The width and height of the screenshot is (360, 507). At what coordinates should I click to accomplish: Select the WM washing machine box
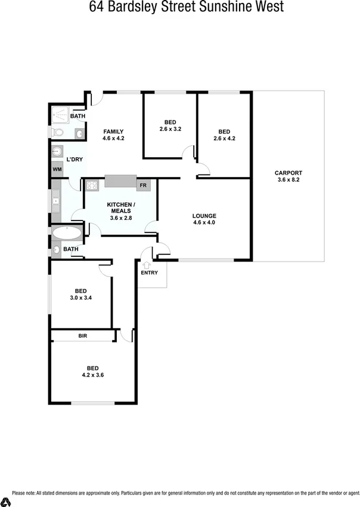(x=57, y=170)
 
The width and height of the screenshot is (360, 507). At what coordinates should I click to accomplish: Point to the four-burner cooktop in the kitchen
(x=92, y=185)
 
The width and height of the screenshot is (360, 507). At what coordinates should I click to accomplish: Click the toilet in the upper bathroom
(x=55, y=132)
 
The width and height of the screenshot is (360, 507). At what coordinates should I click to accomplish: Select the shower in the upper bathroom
(x=60, y=113)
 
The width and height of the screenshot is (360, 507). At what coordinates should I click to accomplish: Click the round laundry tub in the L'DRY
(x=58, y=152)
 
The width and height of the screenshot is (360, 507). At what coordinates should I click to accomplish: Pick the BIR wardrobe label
(x=83, y=337)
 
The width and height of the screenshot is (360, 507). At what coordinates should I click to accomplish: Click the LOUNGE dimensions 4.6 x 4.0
(x=204, y=223)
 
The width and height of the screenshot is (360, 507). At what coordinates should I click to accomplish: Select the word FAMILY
(x=113, y=131)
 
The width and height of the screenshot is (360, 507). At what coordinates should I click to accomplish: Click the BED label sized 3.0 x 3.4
(x=80, y=291)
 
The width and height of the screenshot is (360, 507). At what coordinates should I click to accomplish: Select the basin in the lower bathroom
(x=57, y=250)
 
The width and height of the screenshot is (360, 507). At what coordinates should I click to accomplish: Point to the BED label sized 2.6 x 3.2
(x=170, y=122)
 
